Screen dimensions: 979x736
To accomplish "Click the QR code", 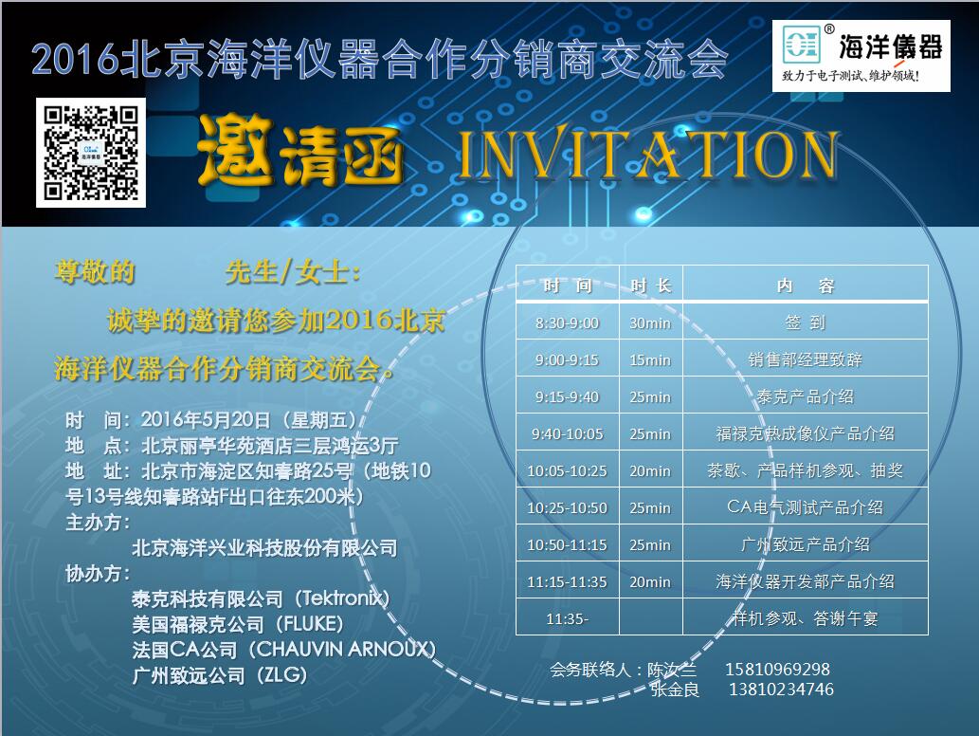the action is point(91,153).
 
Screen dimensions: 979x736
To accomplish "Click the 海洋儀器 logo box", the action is point(861,56).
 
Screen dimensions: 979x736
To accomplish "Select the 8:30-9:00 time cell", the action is point(567,323).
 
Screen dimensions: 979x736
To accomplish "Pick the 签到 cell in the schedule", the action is point(806,323).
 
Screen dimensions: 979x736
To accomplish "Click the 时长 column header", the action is point(650,285).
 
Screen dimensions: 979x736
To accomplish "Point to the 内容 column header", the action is point(806,285).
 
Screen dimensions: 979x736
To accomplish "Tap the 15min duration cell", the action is point(650,359).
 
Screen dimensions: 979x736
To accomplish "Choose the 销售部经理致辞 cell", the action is point(806,359).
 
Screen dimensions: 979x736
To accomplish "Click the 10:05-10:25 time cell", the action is point(567,471).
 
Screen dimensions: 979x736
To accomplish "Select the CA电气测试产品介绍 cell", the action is point(806,507).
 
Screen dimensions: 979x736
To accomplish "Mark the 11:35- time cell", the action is point(567,618).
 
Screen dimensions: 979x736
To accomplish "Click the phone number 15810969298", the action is point(777,670).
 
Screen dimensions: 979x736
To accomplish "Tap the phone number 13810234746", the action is point(781,690).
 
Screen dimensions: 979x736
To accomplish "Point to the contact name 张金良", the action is point(675,690).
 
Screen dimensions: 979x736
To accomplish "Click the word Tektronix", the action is point(341,598).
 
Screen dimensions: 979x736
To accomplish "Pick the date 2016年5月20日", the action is point(206,419).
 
